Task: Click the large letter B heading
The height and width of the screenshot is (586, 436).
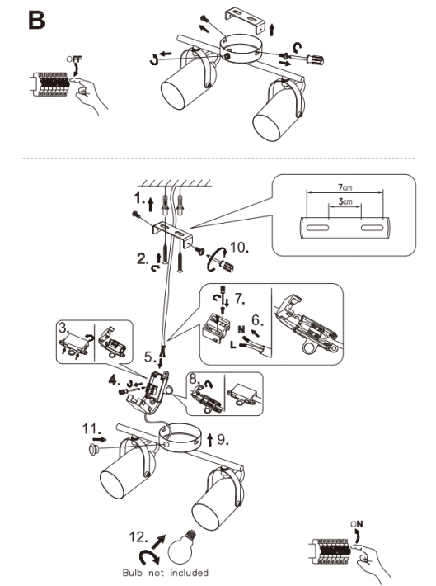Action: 36,20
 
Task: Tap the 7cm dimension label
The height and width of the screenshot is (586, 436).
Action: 345,187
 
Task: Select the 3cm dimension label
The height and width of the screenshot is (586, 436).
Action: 345,201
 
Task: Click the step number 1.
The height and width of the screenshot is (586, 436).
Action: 139,198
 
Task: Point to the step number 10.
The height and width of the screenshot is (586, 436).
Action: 239,247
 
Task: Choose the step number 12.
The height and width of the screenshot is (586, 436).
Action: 138,537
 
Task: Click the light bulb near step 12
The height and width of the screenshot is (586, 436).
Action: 182,546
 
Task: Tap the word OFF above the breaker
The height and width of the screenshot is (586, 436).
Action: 74,59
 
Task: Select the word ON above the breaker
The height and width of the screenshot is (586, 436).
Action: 357,524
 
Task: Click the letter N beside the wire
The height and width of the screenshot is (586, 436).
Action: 241,329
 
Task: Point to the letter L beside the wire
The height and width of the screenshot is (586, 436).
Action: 233,345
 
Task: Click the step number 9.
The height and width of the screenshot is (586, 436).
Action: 223,439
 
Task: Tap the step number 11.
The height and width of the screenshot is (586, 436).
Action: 91,428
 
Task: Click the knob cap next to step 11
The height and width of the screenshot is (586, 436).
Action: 94,449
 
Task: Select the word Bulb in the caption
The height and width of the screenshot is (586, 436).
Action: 133,573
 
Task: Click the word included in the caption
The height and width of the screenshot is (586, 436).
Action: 190,573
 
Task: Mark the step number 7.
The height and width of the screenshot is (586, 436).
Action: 240,299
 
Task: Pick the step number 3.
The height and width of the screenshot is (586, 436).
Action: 64,328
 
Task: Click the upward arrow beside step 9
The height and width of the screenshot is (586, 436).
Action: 210,439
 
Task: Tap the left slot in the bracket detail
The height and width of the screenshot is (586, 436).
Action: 317,228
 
